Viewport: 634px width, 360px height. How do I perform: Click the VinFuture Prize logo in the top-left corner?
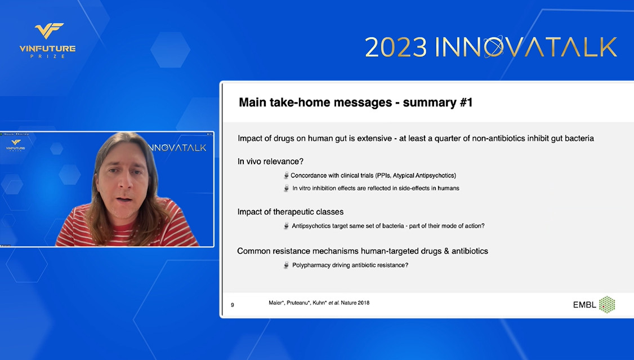48,41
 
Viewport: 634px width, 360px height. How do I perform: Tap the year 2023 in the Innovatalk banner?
396,47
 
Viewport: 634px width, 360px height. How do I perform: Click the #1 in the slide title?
466,103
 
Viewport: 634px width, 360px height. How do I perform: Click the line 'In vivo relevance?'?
270,161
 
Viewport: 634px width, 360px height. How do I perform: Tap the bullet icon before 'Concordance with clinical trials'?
286,176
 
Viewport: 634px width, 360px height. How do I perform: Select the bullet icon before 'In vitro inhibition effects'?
286,188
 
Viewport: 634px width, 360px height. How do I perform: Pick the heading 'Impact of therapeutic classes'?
291,212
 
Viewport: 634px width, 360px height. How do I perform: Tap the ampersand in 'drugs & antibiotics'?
447,251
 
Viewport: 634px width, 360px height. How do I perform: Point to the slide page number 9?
233,305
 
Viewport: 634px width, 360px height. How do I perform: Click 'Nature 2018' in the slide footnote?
355,303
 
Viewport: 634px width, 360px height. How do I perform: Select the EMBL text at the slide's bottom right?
584,305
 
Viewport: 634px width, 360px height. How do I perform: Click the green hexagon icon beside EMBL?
607,305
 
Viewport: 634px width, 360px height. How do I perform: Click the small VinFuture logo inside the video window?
16,145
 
